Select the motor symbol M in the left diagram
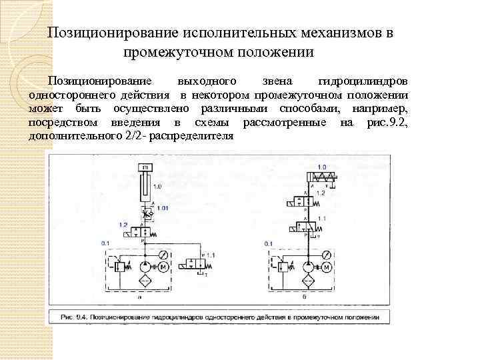[x=163, y=267]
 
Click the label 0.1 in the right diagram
[x=268, y=245]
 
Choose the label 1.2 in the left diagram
[x=123, y=225]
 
